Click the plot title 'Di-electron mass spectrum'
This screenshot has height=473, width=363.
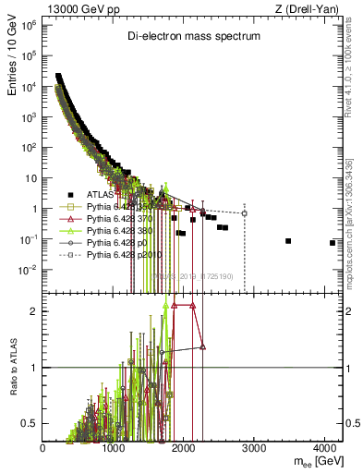pos(193,35)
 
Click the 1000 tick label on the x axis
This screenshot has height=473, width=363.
pos(114,448)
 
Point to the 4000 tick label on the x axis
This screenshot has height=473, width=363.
pos(325,448)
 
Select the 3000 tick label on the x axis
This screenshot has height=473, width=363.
pos(255,448)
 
